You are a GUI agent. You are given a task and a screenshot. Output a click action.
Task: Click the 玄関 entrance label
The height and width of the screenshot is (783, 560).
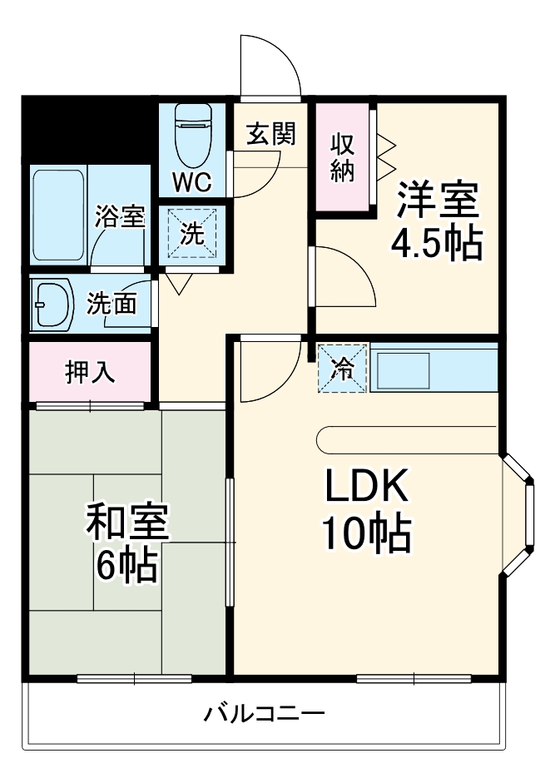[x=271, y=134]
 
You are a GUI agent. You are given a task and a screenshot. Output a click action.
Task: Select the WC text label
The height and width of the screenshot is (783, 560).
[x=192, y=181]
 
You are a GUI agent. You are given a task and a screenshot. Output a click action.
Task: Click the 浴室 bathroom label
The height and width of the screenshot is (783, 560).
[x=121, y=218]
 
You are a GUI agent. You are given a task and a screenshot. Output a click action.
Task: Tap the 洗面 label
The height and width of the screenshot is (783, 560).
[x=112, y=305]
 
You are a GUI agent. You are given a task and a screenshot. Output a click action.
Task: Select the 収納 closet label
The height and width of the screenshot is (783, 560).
[x=344, y=156]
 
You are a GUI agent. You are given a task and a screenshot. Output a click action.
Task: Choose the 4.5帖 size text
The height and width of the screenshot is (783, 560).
[x=437, y=243]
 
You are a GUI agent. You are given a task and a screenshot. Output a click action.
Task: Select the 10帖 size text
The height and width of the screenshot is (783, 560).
[x=366, y=535]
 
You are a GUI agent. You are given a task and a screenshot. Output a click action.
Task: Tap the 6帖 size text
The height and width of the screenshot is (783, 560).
[x=126, y=566]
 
